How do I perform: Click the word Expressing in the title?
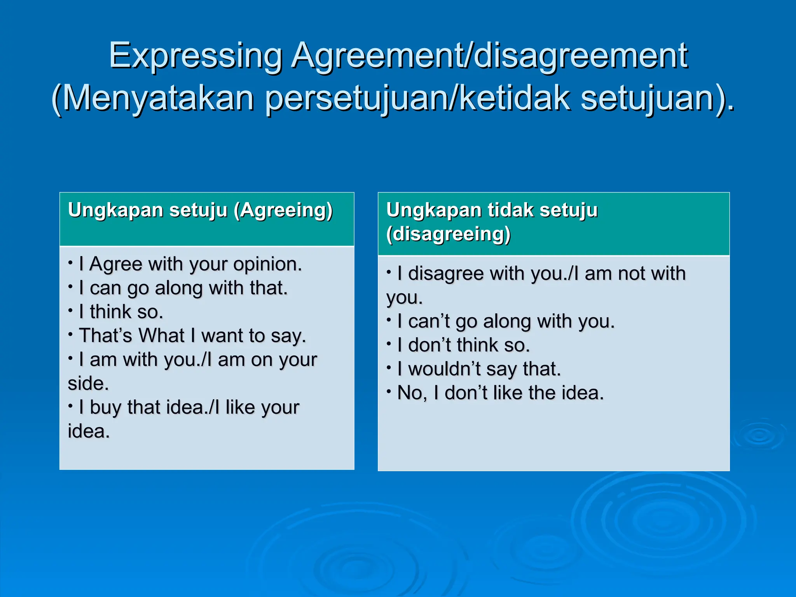(x=196, y=56)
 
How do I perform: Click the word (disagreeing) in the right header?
(x=449, y=234)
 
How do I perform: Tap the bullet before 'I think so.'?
(x=70, y=311)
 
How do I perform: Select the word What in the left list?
(x=162, y=335)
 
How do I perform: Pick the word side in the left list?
(x=86, y=384)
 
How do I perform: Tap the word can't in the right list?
(x=429, y=321)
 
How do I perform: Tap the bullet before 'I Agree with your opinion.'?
(x=70, y=263)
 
